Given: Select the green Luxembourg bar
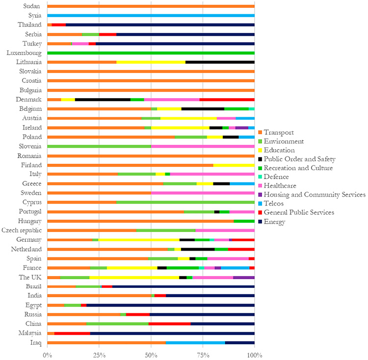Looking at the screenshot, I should click(151, 53).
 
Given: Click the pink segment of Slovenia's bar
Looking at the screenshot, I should click(203, 146).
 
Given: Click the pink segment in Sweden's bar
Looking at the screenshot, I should click(203, 193).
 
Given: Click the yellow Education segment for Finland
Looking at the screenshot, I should click(234, 165).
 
